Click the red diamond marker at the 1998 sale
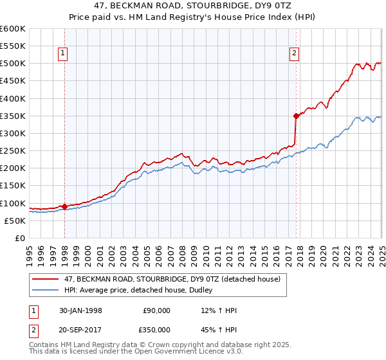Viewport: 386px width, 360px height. [65, 206]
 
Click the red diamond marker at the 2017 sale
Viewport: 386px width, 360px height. [296, 116]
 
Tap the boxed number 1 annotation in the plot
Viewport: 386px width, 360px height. [64, 54]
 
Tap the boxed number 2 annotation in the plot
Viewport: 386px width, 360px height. [294, 54]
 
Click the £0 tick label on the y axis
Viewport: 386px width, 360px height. [21, 238]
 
